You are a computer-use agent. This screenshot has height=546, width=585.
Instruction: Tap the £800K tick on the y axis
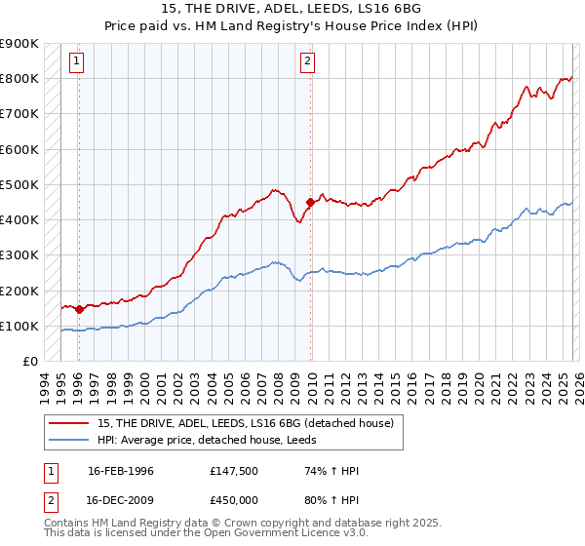(x=19, y=79)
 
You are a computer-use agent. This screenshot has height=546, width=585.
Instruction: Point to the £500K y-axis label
(x=19, y=185)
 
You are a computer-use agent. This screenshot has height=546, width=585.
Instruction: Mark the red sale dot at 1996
(x=79, y=309)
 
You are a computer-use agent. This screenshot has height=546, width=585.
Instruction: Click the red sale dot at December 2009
(x=310, y=202)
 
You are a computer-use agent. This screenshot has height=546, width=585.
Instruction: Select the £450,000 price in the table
(x=239, y=498)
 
